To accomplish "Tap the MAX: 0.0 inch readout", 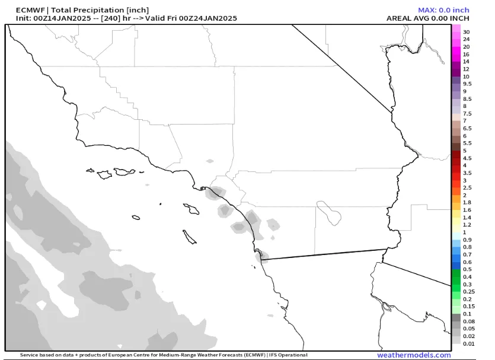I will pyautogui.click(x=443, y=10).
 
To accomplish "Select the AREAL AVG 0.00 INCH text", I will pyautogui.click(x=427, y=18).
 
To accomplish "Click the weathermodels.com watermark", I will pyautogui.click(x=414, y=355).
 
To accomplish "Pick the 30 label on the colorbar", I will pyautogui.click(x=467, y=32).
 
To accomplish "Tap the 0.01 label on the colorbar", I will pyautogui.click(x=468, y=343).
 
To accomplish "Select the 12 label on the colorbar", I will pyautogui.click(x=466, y=69).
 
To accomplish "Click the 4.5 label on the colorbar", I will pyautogui.click(x=467, y=158).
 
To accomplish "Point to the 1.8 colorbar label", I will pyautogui.click(x=467, y=203).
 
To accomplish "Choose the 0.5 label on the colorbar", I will pyautogui.click(x=467, y=269).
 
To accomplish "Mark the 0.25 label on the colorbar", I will pyautogui.click(x=468, y=292).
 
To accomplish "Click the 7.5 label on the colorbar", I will pyautogui.click(x=467, y=114).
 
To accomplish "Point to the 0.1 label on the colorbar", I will pyautogui.click(x=467, y=314).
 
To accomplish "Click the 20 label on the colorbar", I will pyautogui.click(x=466, y=47).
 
